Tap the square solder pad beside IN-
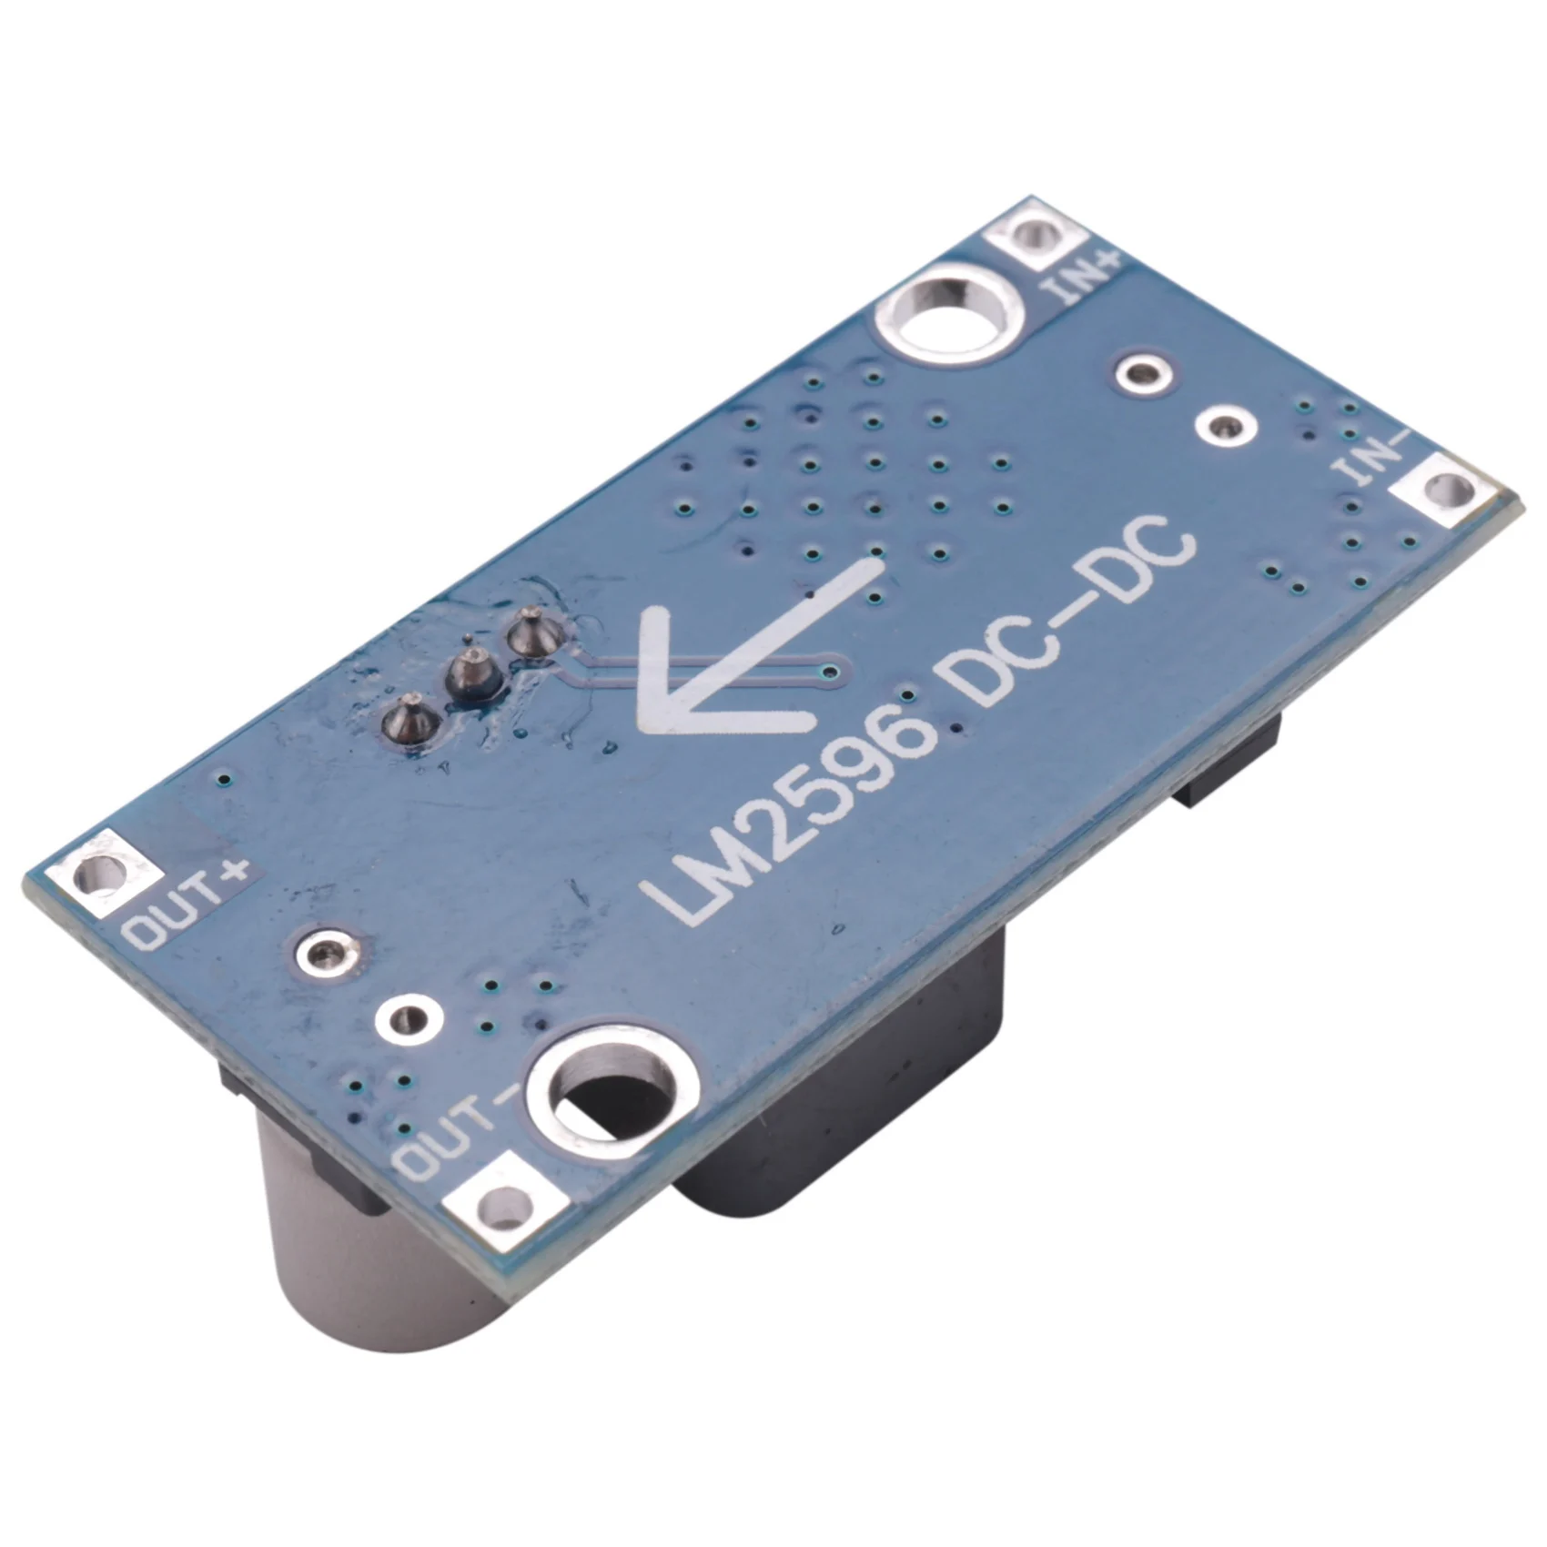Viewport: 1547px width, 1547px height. click(1448, 492)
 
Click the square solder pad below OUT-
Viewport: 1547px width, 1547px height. click(506, 1207)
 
